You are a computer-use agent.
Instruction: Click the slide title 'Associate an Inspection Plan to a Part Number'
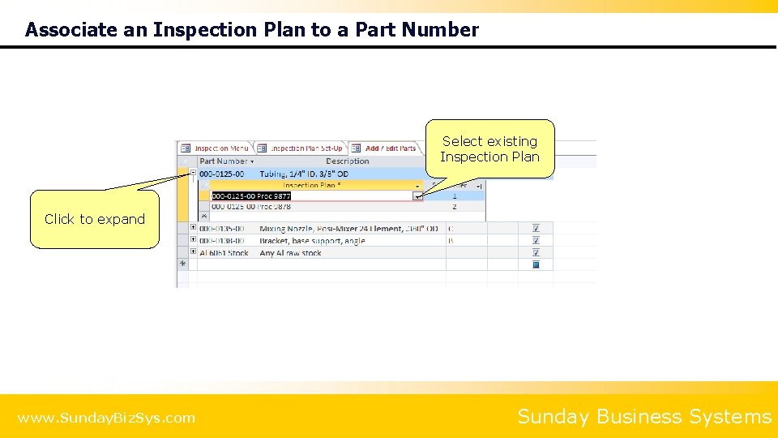(x=252, y=30)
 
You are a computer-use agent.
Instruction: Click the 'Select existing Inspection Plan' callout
(x=489, y=148)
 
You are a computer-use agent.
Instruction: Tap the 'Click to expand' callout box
(x=95, y=219)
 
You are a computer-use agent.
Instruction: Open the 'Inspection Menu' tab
(x=216, y=148)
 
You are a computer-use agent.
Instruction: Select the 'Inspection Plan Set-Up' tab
(x=301, y=148)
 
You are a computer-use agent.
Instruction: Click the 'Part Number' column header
(x=224, y=161)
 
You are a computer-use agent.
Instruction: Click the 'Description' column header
(x=347, y=161)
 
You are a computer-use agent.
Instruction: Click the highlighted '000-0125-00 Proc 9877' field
(x=251, y=196)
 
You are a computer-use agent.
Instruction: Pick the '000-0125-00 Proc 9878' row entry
(x=251, y=207)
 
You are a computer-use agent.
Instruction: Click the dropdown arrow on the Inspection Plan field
(x=418, y=196)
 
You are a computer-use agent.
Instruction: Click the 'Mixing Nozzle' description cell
(x=348, y=230)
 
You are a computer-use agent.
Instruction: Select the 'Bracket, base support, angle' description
(x=312, y=241)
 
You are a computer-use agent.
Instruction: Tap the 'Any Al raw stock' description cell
(x=290, y=253)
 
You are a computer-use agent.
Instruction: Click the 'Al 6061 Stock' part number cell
(x=224, y=253)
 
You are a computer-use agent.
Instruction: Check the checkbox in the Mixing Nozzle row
(x=536, y=230)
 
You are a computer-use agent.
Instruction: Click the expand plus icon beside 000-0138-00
(x=193, y=241)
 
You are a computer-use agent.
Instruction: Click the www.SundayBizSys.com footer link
(x=106, y=419)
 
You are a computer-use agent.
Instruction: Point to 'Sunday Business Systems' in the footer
(x=644, y=417)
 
